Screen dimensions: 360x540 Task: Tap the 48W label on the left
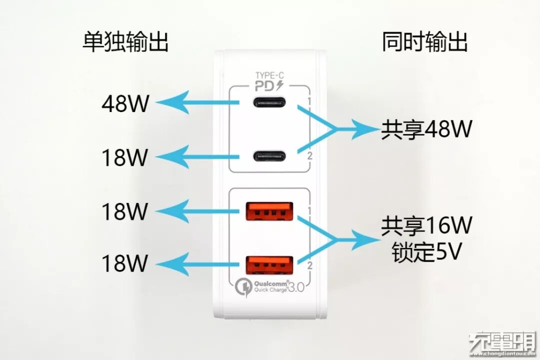(125, 104)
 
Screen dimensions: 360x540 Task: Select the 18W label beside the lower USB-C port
(125, 157)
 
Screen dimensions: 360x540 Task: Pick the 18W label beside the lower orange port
(125, 263)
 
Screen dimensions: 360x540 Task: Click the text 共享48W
(426, 130)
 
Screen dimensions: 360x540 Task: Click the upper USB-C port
(270, 103)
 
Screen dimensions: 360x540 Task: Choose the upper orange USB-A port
(269, 211)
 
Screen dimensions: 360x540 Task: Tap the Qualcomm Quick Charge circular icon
(242, 286)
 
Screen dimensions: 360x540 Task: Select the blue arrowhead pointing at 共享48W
(367, 130)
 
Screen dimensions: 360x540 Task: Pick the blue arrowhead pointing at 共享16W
(367, 239)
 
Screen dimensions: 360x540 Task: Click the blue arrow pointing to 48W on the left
(190, 103)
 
